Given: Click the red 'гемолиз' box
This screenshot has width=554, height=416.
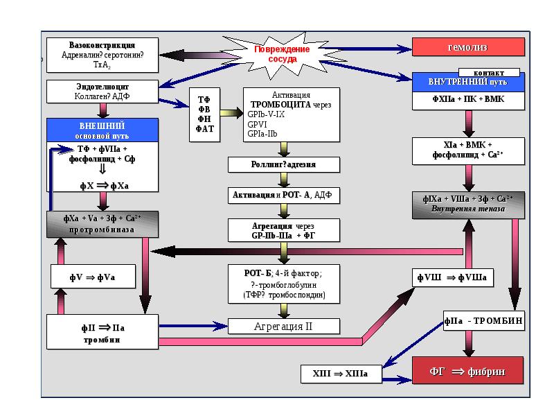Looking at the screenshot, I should pos(468,48).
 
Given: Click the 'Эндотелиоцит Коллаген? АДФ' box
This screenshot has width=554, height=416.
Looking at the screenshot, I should pos(102,91).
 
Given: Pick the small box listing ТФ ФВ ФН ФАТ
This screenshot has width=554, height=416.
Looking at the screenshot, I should pos(204,114).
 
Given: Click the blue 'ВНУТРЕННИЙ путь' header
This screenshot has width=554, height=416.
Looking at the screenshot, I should pos(468,83).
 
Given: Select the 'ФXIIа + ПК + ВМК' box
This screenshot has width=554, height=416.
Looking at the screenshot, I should pos(468,100).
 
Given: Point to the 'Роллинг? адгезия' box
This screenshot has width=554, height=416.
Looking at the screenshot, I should pos(285,164).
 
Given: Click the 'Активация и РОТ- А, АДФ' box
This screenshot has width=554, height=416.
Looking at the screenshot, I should pos(285,195).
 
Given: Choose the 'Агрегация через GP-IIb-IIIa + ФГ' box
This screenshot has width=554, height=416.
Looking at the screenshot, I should pos(285,230).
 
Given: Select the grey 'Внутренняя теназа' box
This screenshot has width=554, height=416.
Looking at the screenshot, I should pos(468,204).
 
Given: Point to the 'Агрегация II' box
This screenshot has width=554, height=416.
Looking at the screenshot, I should pos(285,326).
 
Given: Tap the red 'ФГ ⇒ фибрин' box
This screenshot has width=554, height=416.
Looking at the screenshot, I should pos(468,372).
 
